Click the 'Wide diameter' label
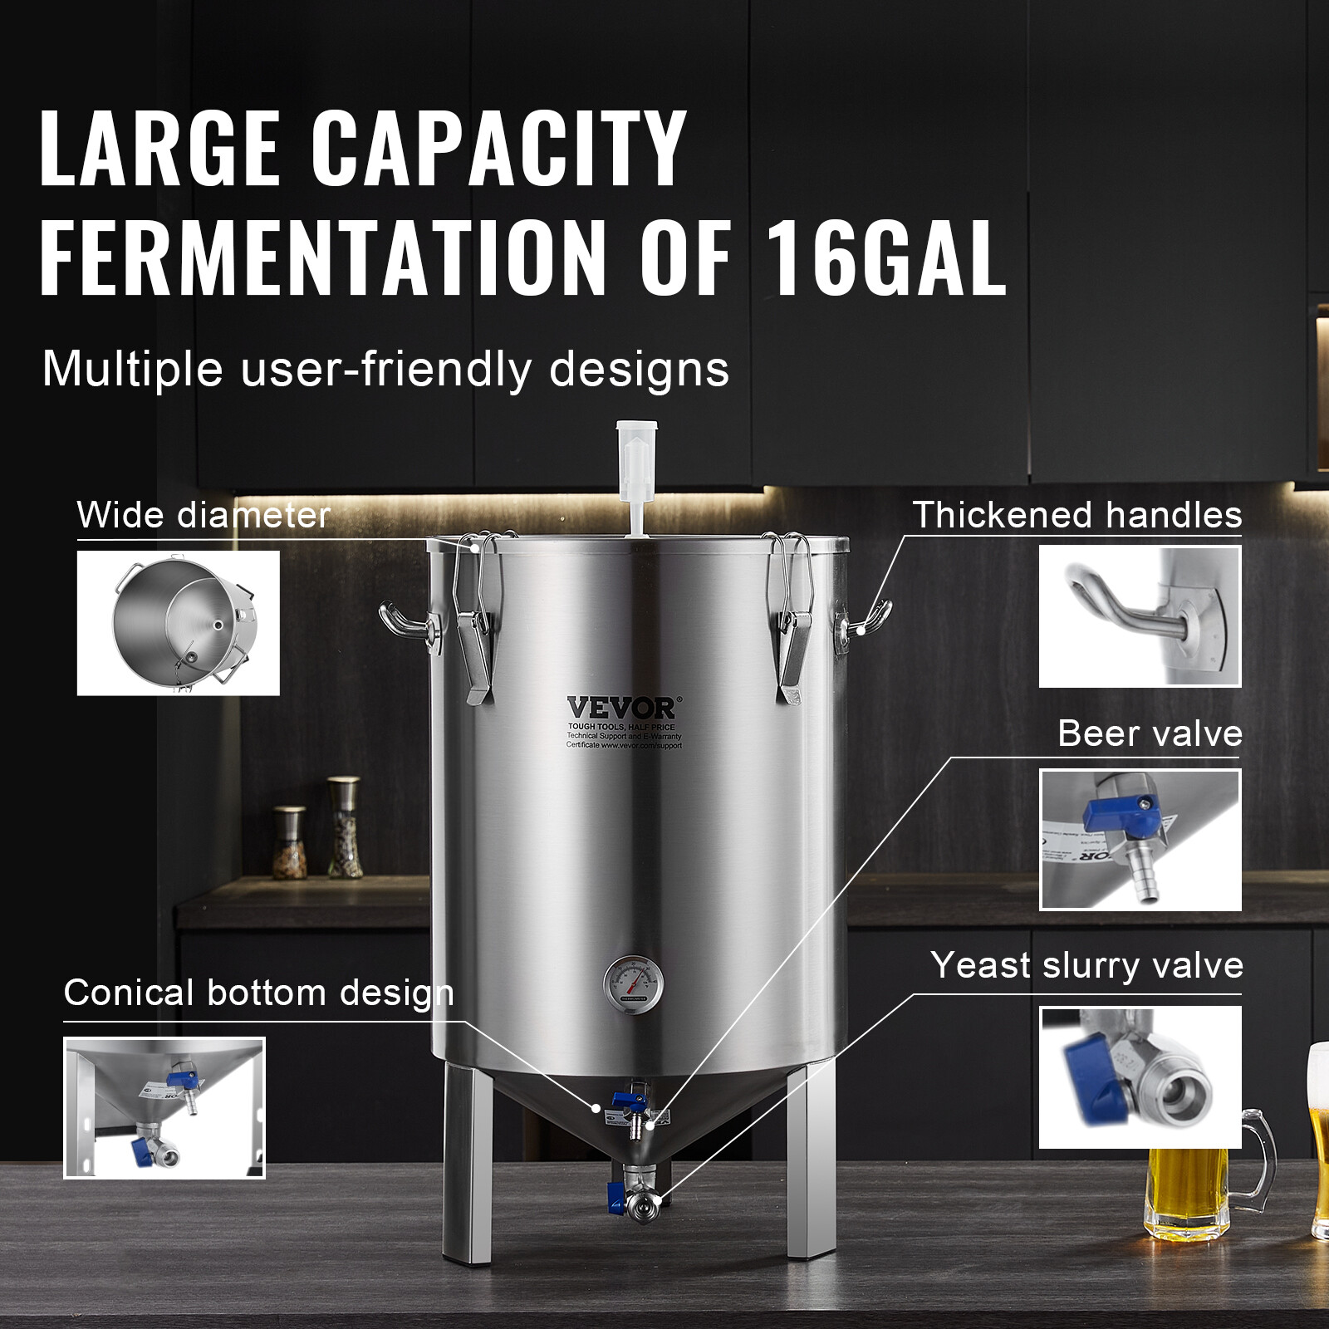coord(204,515)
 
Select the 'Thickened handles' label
coord(1076,515)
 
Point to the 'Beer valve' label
coord(1150,734)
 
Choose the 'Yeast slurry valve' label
coord(1086,965)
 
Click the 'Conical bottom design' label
coord(258,993)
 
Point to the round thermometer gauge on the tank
coord(633,984)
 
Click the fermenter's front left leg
coord(466,1163)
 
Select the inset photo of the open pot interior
coord(179,623)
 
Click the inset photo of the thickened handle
coord(1140,616)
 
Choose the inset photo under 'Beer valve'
coord(1140,839)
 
